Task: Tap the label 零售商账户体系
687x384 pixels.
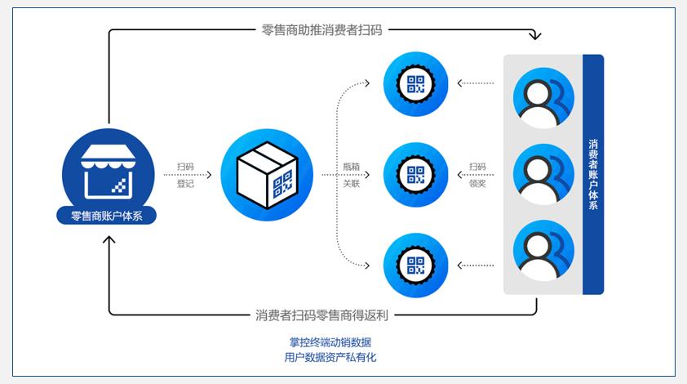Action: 109,217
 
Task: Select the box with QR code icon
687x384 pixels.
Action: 266,175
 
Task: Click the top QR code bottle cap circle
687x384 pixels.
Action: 416,83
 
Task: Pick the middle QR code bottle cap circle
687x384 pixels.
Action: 416,174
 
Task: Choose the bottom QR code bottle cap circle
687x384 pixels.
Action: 416,265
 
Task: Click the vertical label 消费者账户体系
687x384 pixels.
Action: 593,174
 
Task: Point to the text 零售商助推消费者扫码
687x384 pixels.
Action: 321,30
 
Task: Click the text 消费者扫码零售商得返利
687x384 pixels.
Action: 321,315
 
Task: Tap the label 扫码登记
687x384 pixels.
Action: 185,175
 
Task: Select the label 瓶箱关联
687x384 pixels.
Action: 352,175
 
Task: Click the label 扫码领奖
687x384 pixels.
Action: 477,175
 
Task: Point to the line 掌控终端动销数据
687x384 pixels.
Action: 326,342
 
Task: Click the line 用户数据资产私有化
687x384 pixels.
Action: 326,358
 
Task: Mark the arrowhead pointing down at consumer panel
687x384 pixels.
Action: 535,37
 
